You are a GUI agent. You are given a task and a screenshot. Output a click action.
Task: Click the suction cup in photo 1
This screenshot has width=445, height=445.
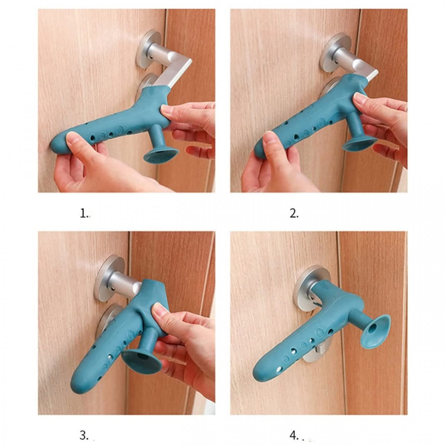160,155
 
